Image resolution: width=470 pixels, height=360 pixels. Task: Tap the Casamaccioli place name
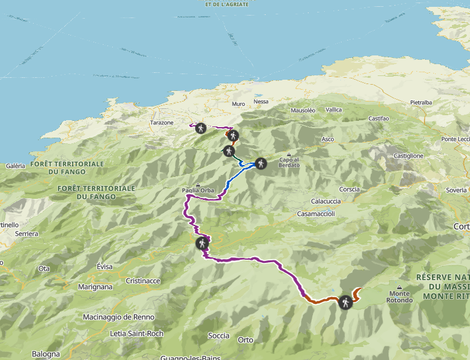click(x=316, y=214)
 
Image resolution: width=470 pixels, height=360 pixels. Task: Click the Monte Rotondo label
click(x=400, y=296)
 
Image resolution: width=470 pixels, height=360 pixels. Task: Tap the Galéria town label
click(x=16, y=166)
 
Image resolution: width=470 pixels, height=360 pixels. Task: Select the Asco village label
click(x=328, y=139)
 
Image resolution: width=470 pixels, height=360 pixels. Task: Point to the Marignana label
click(x=95, y=287)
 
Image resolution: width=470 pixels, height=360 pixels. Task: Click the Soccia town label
click(x=219, y=336)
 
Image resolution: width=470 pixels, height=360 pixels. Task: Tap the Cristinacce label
click(x=143, y=281)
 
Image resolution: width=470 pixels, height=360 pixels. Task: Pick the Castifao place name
click(x=378, y=118)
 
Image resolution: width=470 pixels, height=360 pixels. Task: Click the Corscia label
click(x=350, y=189)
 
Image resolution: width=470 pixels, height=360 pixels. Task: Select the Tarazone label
click(x=161, y=123)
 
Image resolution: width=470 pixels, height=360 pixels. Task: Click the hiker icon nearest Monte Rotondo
click(x=345, y=303)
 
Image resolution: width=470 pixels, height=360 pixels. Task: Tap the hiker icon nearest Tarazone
click(x=201, y=128)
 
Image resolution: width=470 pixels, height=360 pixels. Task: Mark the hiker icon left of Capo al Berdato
click(x=261, y=164)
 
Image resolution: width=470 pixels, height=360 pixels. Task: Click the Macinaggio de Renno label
click(x=118, y=317)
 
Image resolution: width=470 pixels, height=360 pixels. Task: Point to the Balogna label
click(x=46, y=354)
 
